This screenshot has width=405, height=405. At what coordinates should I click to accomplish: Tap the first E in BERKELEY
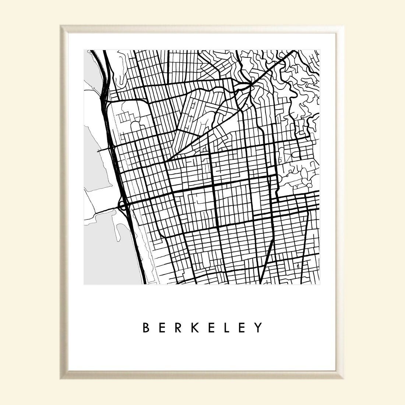[x=163, y=327]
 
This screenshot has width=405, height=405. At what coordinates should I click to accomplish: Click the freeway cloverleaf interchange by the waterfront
[x=123, y=205]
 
